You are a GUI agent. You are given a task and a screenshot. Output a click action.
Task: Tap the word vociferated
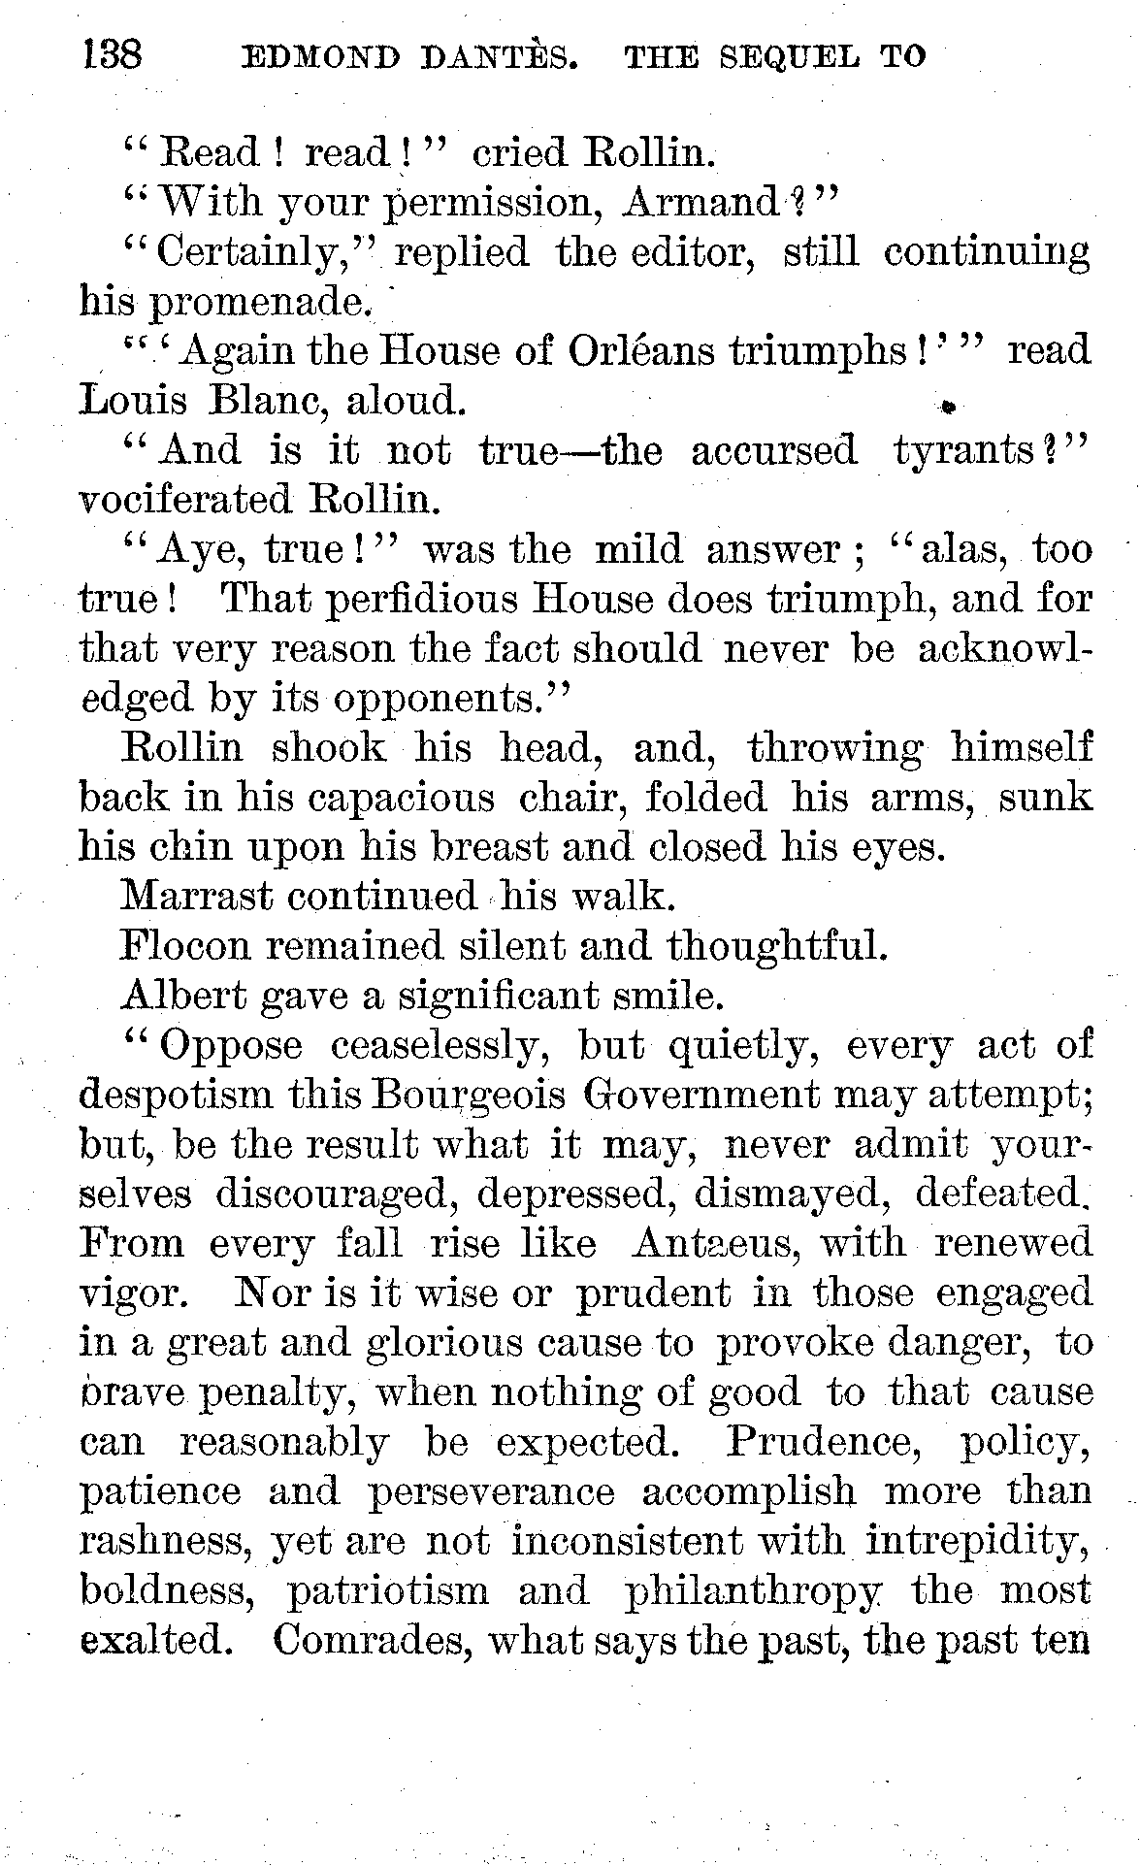click(184, 500)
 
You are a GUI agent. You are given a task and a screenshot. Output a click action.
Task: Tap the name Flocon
click(183, 945)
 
